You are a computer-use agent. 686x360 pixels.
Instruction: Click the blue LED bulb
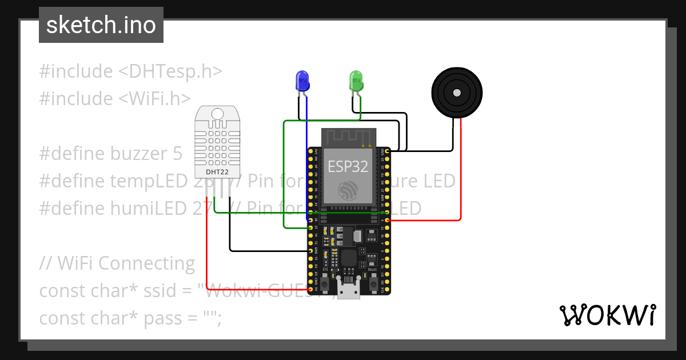(x=302, y=81)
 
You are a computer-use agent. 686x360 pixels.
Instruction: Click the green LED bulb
(x=356, y=81)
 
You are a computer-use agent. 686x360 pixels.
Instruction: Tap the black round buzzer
(x=456, y=93)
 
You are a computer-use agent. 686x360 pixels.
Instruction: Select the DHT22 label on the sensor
(x=218, y=171)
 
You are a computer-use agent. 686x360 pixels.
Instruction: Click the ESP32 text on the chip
(x=348, y=166)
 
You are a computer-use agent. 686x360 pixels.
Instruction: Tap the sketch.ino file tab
(x=101, y=25)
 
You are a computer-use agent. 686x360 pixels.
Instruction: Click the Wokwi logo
(x=607, y=315)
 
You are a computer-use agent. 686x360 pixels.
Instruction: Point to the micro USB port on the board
(x=348, y=290)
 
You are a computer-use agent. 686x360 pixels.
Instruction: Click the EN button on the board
(x=325, y=283)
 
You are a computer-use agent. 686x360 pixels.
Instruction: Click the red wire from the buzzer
(x=461, y=171)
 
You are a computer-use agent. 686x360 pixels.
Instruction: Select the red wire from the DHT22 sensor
(x=206, y=246)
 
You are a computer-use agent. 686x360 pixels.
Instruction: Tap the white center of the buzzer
(x=456, y=93)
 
